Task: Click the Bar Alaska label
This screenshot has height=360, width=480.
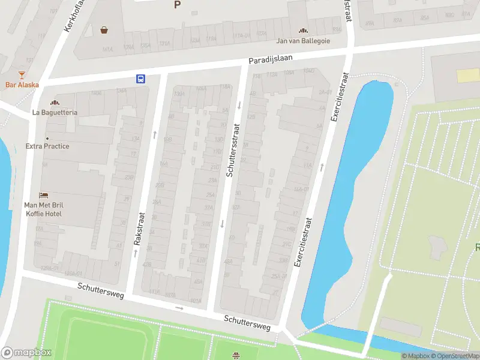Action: click(x=22, y=85)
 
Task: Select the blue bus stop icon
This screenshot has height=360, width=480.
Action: click(x=140, y=79)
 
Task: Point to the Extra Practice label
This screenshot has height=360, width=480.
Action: click(x=47, y=146)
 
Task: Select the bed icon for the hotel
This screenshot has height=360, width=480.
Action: click(x=43, y=195)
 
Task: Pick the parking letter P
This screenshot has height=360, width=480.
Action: click(x=177, y=5)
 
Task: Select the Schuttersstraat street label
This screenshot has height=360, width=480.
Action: click(x=233, y=150)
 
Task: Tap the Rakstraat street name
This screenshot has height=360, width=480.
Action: click(x=139, y=229)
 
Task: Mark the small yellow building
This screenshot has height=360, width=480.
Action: click(x=468, y=76)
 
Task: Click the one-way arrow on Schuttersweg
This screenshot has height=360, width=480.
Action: click(x=179, y=308)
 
